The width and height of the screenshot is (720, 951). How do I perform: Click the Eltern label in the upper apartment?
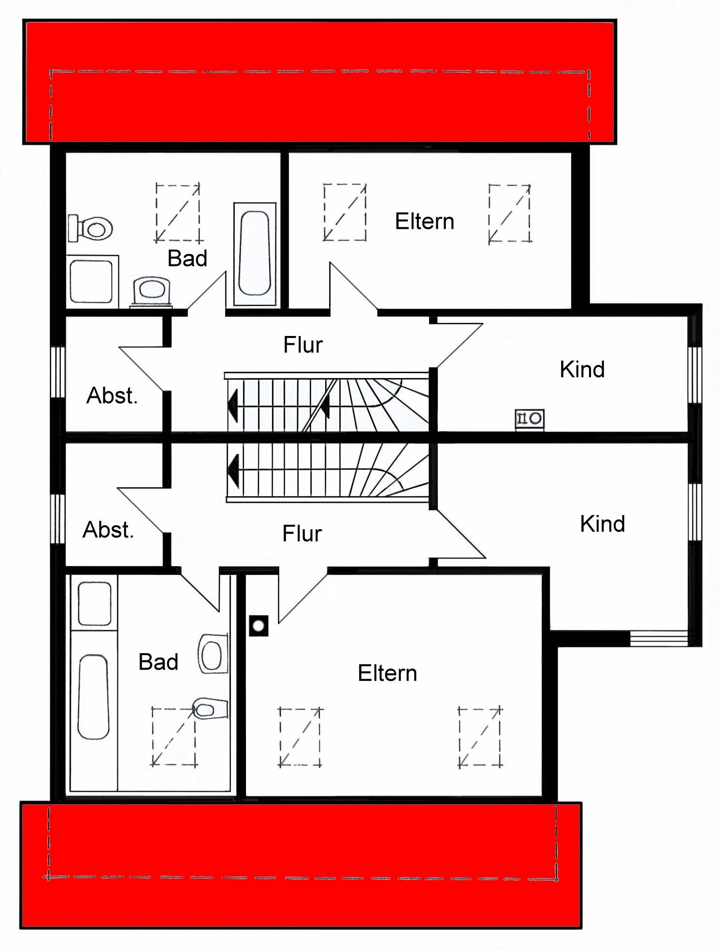424,222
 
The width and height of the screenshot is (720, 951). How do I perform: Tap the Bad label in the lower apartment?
158,662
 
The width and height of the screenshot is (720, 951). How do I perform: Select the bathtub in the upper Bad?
255,253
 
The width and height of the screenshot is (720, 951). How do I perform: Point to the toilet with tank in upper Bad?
91,228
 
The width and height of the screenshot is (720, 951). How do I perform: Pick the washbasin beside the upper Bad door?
151,291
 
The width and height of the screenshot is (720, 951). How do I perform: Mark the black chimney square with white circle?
259,626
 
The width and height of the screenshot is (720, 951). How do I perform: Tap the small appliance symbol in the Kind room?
530,418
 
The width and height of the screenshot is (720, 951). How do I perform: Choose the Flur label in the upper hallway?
302,345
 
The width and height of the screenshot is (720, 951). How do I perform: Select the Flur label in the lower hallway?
302,534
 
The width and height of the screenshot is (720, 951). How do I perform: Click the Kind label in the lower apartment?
602,524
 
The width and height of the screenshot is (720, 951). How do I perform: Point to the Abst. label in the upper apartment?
112,396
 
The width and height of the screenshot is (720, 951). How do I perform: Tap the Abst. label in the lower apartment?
108,530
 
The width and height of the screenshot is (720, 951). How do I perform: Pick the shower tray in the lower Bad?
95,603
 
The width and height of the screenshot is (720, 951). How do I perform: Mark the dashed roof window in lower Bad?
174,737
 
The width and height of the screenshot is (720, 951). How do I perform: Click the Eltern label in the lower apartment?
387,673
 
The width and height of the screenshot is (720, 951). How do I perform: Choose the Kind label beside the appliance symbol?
582,370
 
